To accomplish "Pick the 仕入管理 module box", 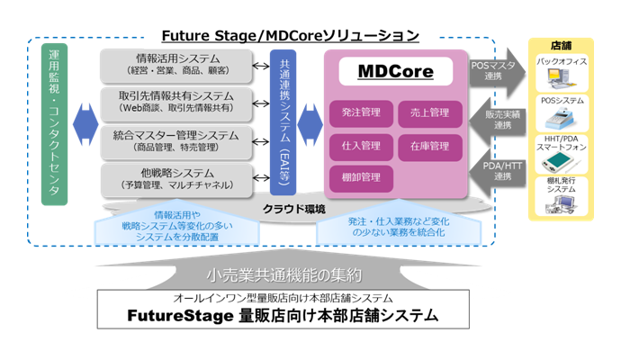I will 361,145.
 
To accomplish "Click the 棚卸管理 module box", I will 361,177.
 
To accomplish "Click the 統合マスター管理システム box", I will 181,140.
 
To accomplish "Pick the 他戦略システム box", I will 181,178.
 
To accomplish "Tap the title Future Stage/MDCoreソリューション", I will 290,36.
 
